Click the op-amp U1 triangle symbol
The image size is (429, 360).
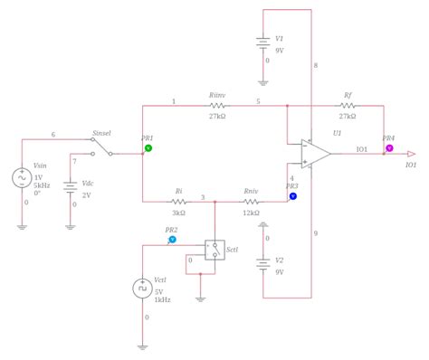point(316,154)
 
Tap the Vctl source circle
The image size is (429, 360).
point(143,289)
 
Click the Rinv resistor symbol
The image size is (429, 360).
point(216,105)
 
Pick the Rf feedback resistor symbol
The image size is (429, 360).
point(348,105)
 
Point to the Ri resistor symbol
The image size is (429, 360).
point(178,202)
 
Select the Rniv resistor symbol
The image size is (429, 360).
point(251,202)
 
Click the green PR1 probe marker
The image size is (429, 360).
point(148,147)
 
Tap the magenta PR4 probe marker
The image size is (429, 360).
point(389,147)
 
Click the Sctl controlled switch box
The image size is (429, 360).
point(214,250)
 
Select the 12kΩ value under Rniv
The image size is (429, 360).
point(251,213)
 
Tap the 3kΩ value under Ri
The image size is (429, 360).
point(179,213)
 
